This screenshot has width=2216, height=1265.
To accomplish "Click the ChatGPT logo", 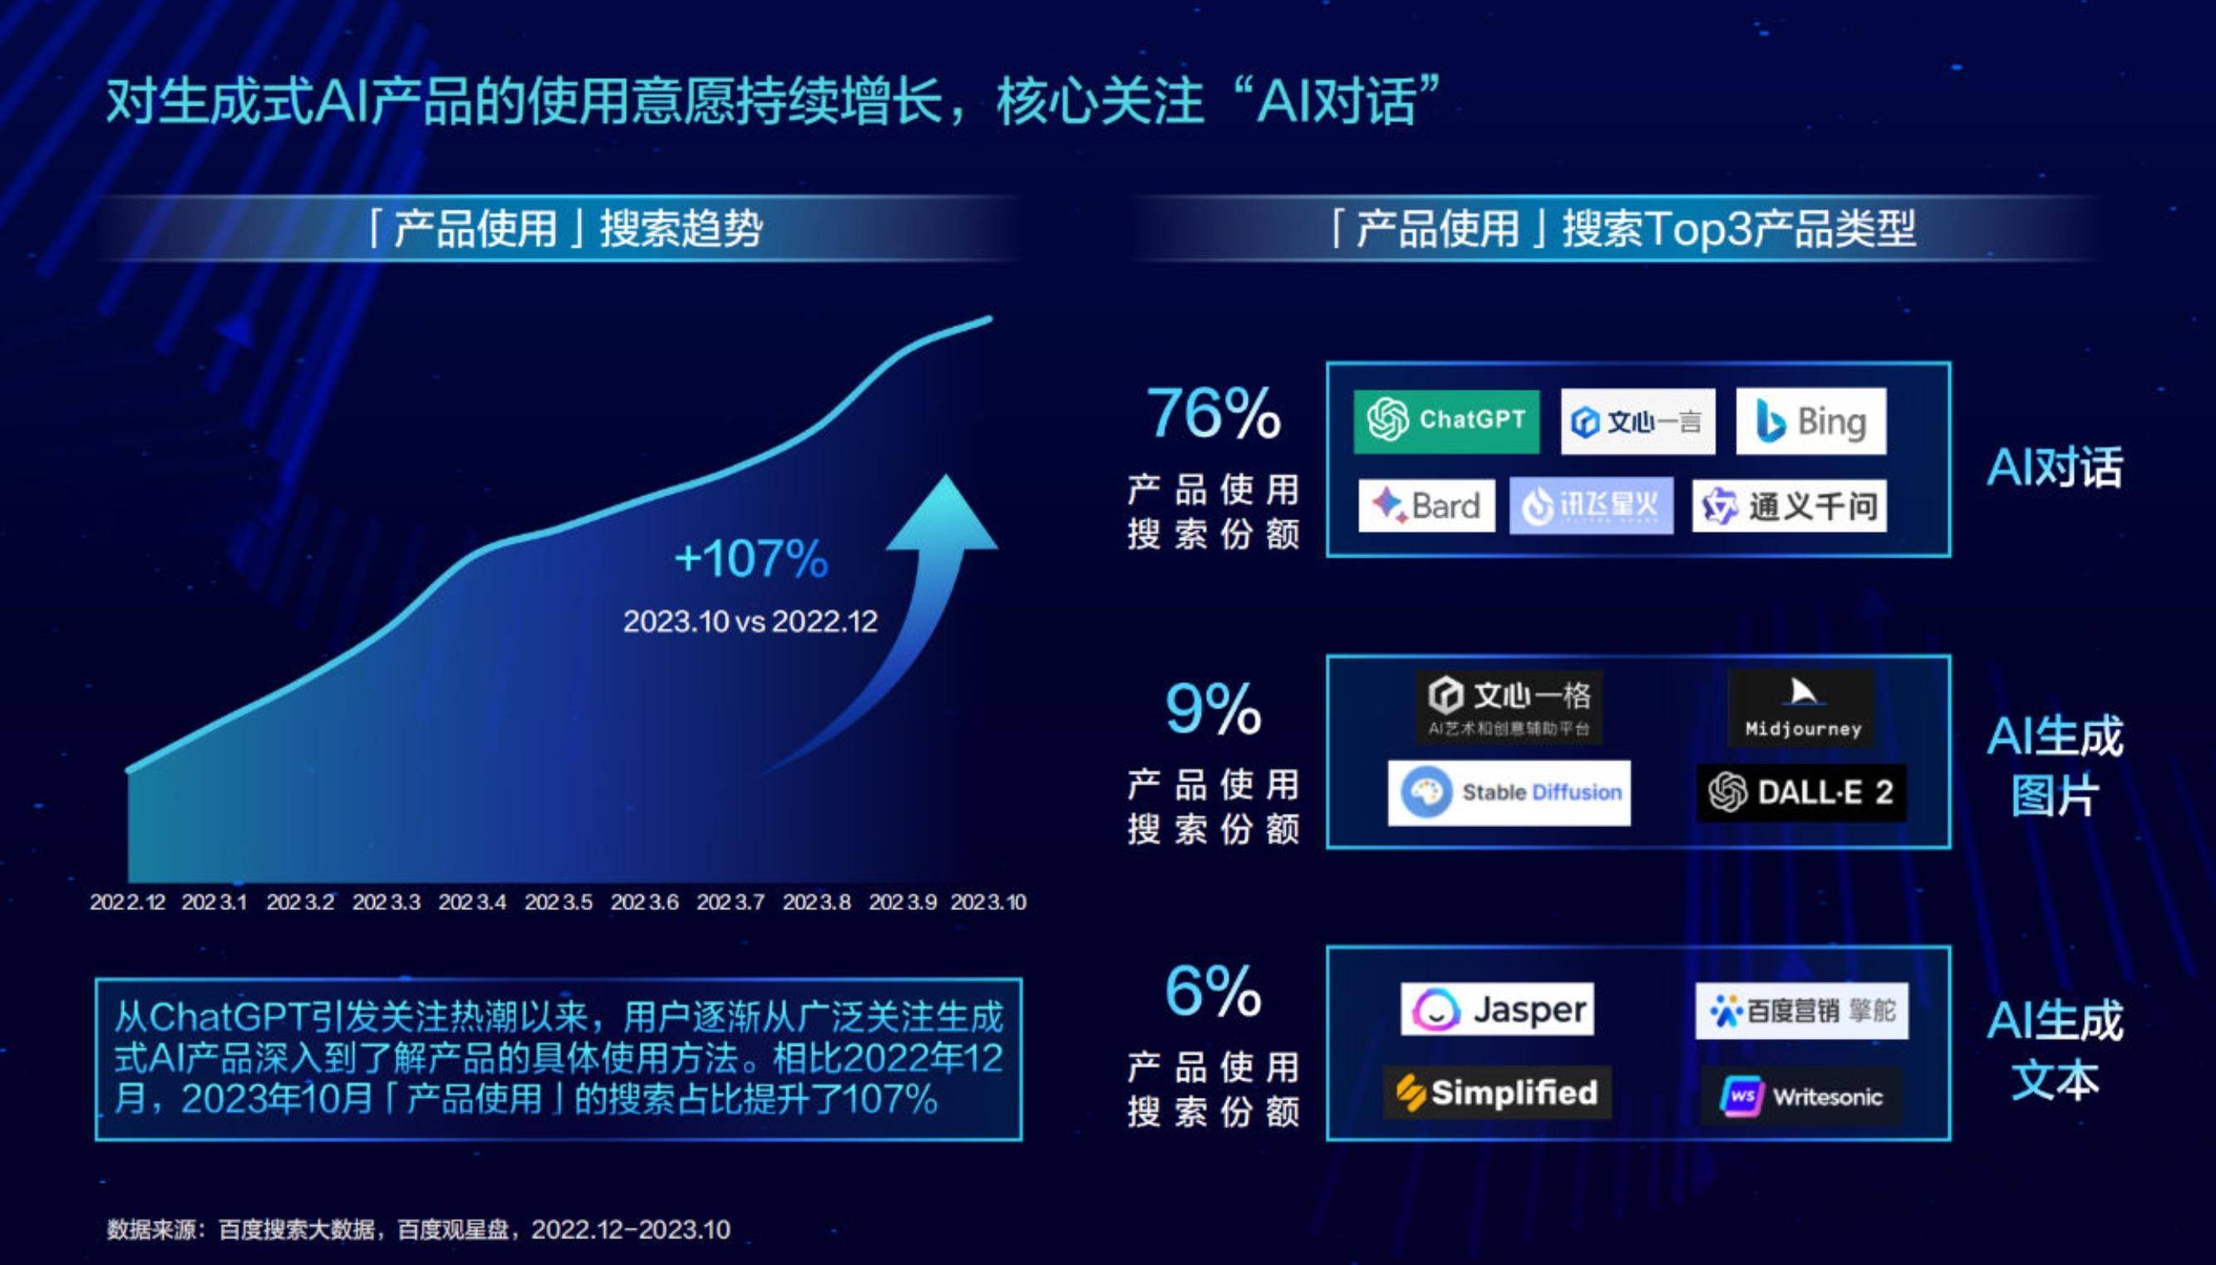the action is click(x=1446, y=421).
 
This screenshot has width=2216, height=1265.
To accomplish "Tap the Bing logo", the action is click(x=1811, y=421).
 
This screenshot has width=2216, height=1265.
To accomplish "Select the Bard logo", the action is click(x=1426, y=505).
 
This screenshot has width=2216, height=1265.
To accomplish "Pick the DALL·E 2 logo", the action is click(x=1801, y=792).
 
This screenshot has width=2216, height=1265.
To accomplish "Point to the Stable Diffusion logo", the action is click(x=1509, y=792).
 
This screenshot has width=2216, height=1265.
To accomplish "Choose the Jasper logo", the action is click(x=1498, y=1009).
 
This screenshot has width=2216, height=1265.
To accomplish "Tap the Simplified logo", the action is click(x=1497, y=1092).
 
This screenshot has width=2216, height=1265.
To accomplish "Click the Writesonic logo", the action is click(x=1800, y=1095).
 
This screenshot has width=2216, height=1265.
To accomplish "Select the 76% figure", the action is click(x=1214, y=414).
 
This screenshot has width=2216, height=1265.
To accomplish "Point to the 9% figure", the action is click(x=1214, y=709).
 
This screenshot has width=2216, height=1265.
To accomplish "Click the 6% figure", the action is click(x=1214, y=991).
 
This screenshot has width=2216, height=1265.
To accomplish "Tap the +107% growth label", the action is click(x=752, y=558).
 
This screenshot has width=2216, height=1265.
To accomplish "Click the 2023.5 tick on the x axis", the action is click(x=559, y=902).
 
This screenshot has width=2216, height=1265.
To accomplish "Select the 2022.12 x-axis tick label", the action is click(x=128, y=902).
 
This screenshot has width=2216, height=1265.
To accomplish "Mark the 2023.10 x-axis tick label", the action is click(x=988, y=902).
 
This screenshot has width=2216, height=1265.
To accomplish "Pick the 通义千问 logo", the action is click(x=1790, y=505).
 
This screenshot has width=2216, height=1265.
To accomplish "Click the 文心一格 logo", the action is click(x=1509, y=706).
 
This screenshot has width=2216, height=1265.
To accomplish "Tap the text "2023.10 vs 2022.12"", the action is click(x=751, y=621).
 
